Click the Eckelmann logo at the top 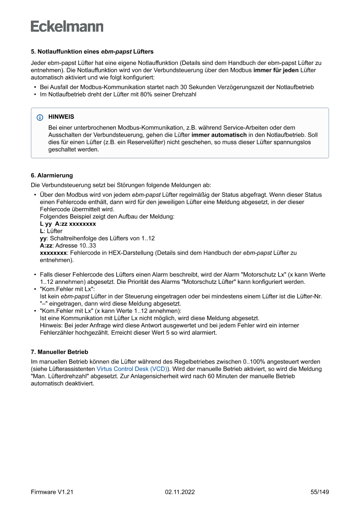pos(67,26)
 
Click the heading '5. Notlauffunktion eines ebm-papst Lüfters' pos(92,51)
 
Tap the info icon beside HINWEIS pos(40,117)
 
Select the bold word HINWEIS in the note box pos(61,117)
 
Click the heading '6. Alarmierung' pos(52,175)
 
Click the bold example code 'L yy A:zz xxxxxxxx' pos(68,224)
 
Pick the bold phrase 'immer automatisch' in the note pos(216,135)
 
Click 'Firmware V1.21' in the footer pos(52,492)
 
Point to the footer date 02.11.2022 pos(180,492)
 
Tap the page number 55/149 pos(320,492)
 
